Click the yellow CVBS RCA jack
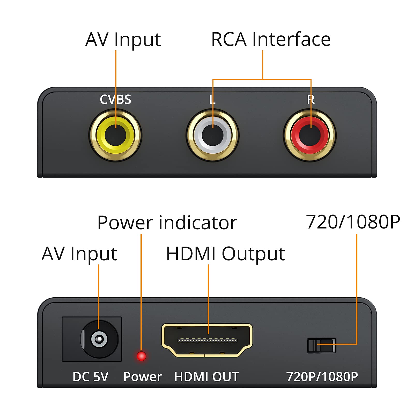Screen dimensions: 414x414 click(115, 135)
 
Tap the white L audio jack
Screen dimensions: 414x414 click(213, 135)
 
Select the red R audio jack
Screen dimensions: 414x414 click(310, 135)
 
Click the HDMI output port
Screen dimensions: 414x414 click(207, 340)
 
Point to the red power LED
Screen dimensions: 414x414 click(141, 356)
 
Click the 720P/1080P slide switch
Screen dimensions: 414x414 click(322, 345)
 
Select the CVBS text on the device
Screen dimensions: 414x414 click(115, 99)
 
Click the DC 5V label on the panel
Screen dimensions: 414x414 click(90, 377)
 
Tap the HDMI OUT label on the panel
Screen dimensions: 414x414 click(206, 377)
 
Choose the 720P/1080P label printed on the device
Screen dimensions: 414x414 click(322, 377)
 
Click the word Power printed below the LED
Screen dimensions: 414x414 click(143, 377)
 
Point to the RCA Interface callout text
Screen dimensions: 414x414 click(271, 39)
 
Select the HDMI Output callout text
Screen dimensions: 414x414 click(225, 254)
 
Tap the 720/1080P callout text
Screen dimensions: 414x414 click(353, 222)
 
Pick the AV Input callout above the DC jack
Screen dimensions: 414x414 click(79, 254)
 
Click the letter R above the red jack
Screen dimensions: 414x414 click(311, 99)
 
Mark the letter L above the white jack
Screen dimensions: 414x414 click(212, 99)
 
